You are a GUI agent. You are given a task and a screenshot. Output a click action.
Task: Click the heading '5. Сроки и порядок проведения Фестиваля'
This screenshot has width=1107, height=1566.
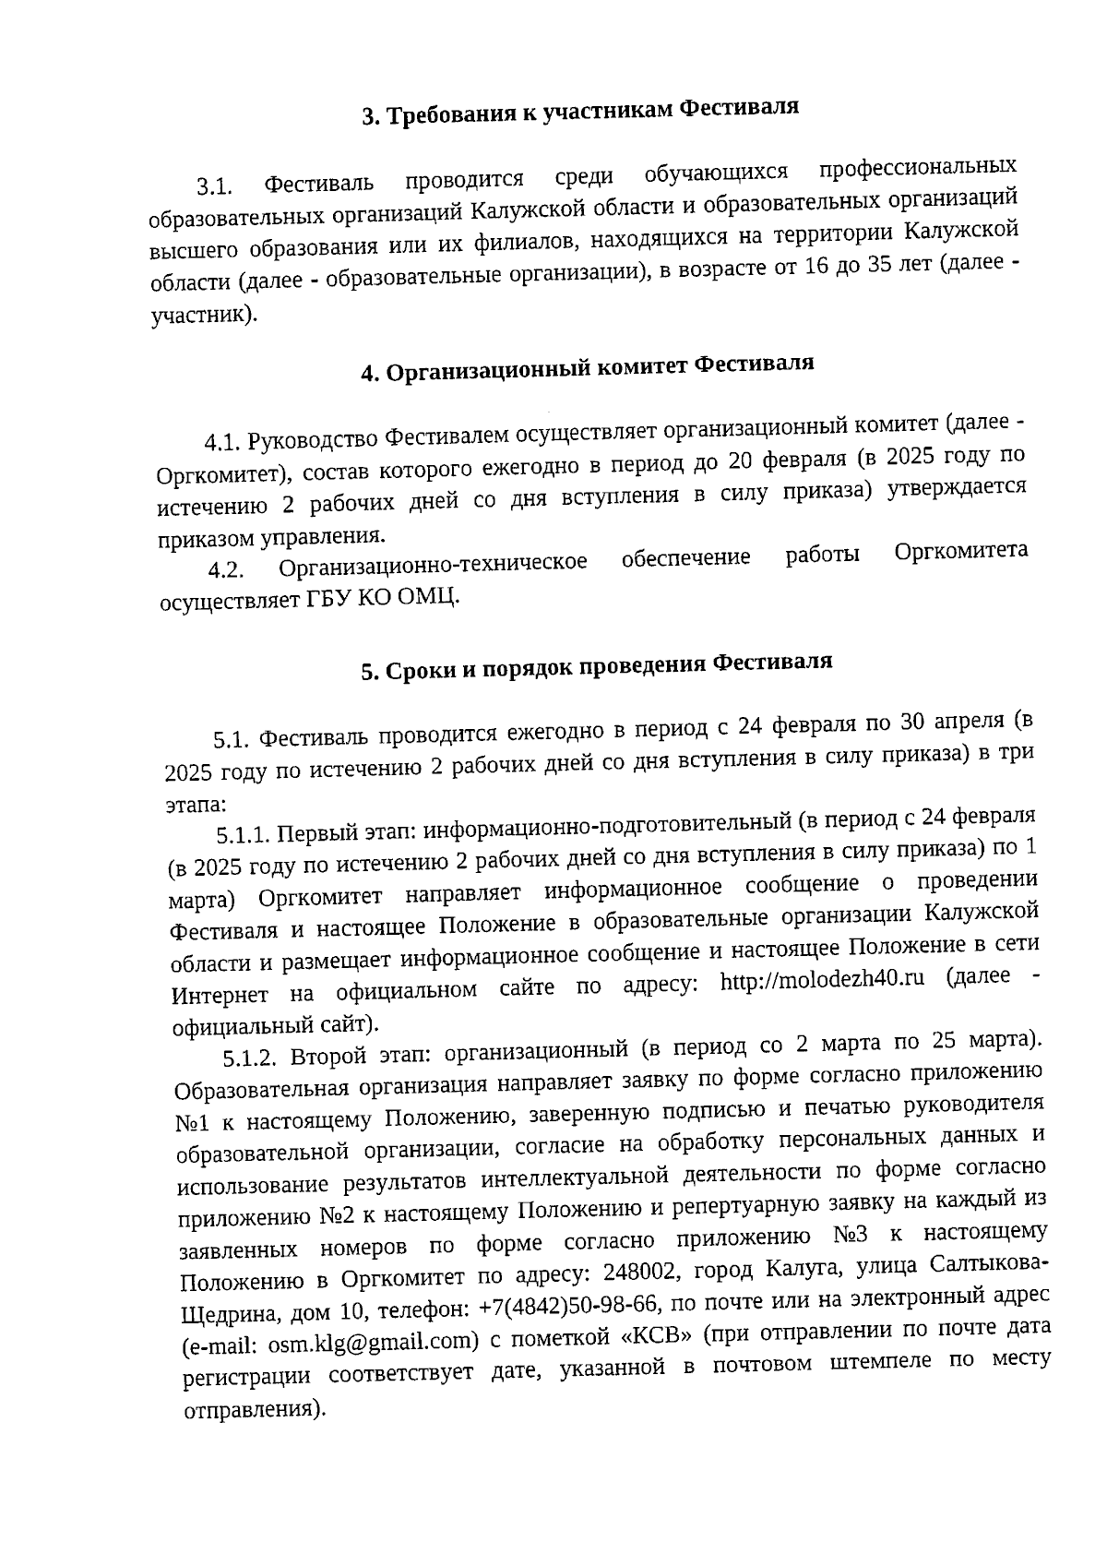pyautogui.click(x=596, y=666)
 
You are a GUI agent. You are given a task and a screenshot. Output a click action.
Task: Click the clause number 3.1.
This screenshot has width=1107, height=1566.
pyautogui.click(x=213, y=186)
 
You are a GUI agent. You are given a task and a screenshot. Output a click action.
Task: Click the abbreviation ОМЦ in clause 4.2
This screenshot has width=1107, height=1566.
pyautogui.click(x=429, y=597)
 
